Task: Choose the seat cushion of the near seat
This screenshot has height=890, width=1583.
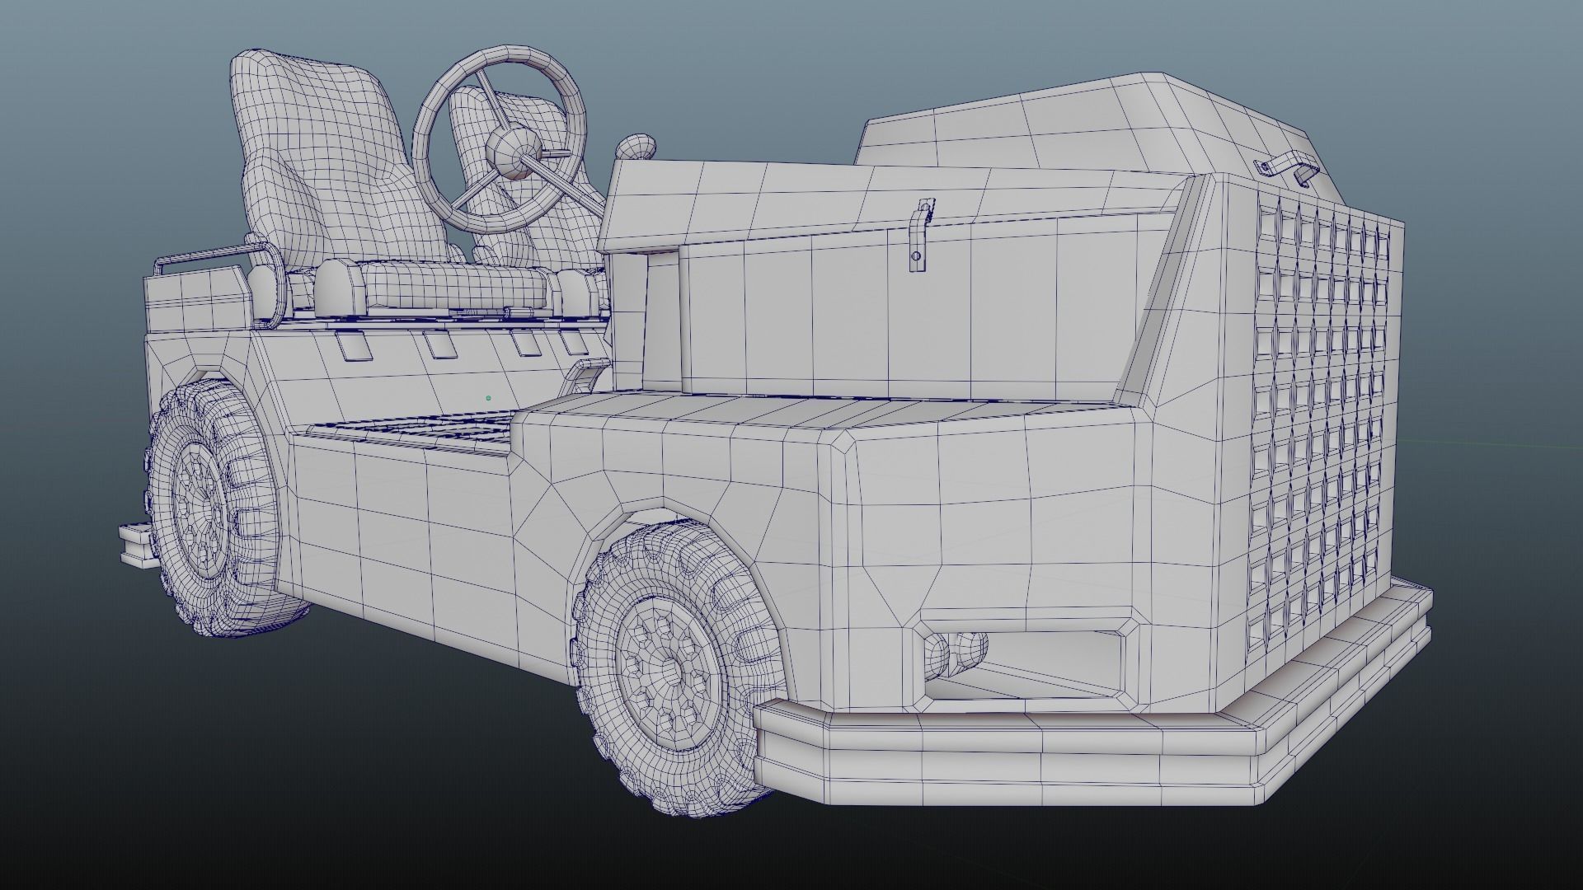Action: (453, 284)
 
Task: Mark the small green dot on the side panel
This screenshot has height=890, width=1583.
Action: (488, 398)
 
